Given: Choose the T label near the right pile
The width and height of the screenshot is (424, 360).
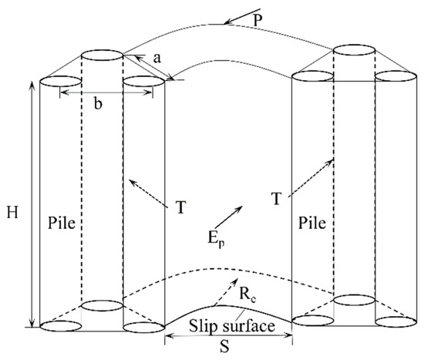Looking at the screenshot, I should coord(275,199).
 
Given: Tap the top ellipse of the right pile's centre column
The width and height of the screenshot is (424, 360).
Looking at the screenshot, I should coord(355,51).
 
